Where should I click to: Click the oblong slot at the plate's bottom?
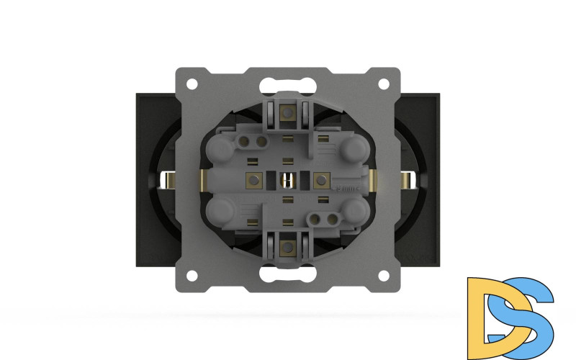288,274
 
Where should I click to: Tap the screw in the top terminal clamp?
288,112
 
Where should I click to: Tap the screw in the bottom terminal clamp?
288,247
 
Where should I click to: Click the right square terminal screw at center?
322,180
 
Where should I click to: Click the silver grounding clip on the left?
168,182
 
